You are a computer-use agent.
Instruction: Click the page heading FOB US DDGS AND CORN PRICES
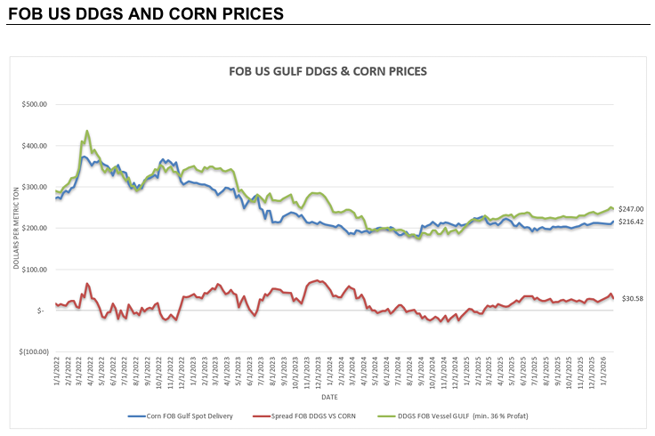pos(145,14)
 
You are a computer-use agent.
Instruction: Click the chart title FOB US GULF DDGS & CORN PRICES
pos(327,70)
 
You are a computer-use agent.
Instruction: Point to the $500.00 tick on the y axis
pos(34,105)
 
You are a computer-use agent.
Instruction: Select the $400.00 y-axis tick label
pos(34,146)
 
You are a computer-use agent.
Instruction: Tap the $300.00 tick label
pos(34,187)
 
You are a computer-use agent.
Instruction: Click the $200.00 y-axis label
pos(34,228)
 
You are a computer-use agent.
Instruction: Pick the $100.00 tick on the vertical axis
pos(34,269)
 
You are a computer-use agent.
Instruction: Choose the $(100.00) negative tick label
pos(32,351)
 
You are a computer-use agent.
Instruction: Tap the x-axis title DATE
pos(329,396)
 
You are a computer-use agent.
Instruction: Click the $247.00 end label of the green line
pos(631,208)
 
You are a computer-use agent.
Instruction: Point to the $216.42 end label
pos(631,220)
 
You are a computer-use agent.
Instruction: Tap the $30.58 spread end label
pos(631,298)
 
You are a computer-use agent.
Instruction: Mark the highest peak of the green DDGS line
pos(86,131)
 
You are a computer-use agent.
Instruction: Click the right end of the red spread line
pos(613,298)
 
